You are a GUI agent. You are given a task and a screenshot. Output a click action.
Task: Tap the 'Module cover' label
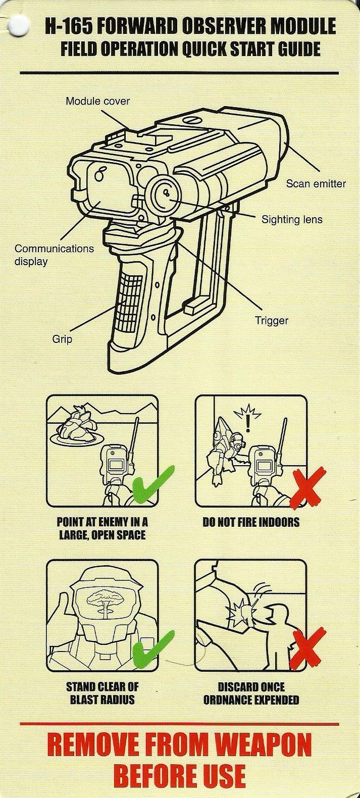(97, 101)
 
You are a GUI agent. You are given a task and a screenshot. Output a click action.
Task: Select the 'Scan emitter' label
(316, 184)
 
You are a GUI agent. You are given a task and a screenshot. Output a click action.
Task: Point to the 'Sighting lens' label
(292, 219)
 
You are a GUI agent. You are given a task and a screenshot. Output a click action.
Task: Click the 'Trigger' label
(271, 321)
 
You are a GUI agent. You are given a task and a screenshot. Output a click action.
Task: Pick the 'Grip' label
(62, 339)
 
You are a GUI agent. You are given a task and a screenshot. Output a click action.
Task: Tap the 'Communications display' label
(54, 255)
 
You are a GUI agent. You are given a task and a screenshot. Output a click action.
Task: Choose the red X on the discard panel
(307, 649)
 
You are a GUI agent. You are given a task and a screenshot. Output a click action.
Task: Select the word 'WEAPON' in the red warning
(264, 745)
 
